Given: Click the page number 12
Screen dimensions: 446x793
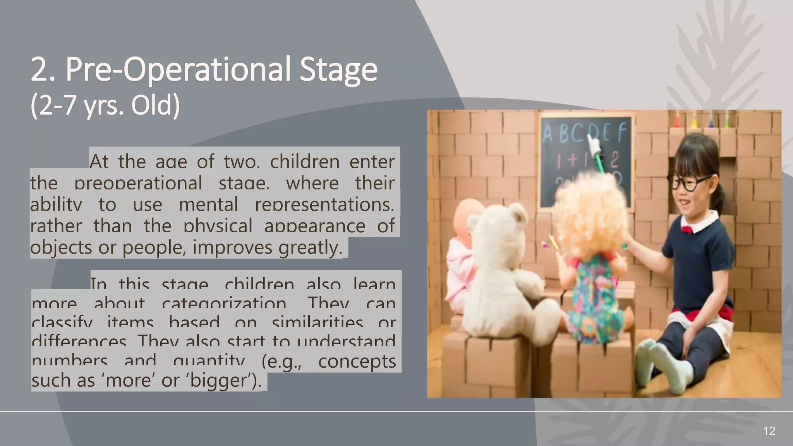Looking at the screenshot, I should click(769, 431).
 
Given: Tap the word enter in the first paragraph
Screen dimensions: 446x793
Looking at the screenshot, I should click(372, 161).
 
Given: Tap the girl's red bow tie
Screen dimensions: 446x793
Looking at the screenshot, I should click(687, 229).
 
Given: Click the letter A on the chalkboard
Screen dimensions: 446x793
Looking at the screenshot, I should click(548, 134).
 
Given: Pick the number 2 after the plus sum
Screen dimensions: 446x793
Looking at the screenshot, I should click(615, 159).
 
